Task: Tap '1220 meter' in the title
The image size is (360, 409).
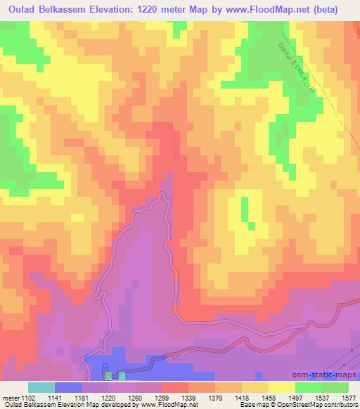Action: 193,10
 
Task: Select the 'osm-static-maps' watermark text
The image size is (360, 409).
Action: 326,376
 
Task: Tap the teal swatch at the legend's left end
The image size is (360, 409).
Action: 41,387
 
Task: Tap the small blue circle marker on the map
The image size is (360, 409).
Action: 105,365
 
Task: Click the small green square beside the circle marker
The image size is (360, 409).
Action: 109,375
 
